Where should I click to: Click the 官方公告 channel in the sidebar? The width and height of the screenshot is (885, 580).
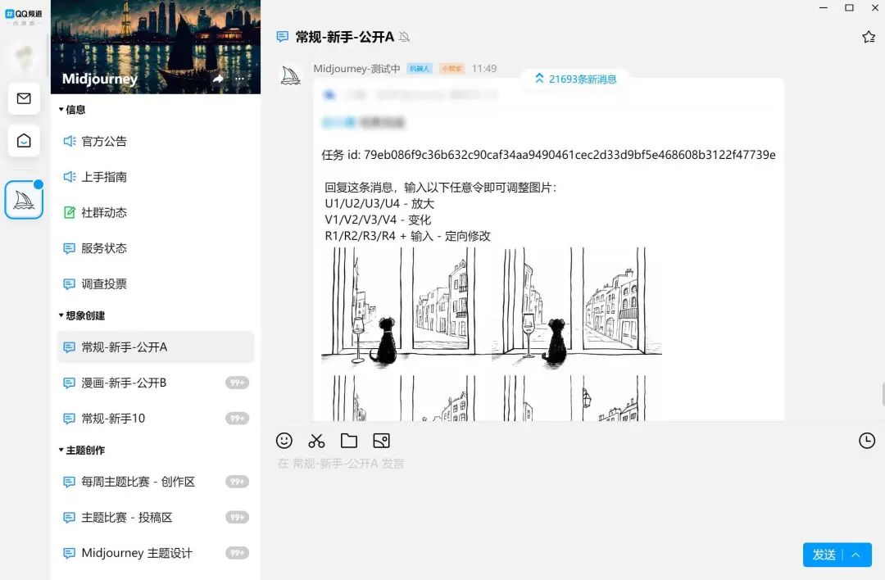tap(104, 141)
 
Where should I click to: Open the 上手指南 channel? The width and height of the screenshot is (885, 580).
tap(104, 177)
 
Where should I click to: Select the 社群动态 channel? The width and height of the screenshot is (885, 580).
tap(104, 212)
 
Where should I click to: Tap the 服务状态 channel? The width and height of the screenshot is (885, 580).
tap(104, 248)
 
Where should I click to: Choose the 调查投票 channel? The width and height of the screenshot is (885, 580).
tap(104, 284)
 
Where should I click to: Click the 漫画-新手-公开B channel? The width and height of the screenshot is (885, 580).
tap(124, 383)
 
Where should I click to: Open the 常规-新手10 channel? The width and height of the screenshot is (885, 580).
tap(113, 419)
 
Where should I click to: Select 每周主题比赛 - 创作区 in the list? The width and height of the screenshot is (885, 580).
tap(138, 482)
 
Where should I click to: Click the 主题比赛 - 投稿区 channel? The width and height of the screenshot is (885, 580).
tap(127, 518)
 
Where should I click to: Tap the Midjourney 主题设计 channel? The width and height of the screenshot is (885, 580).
tap(137, 553)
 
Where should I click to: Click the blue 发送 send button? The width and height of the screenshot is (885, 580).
tap(824, 555)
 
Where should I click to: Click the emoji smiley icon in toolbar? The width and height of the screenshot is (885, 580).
tap(284, 441)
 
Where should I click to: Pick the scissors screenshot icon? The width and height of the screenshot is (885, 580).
tap(316, 441)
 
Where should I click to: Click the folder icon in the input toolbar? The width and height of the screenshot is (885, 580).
tap(349, 441)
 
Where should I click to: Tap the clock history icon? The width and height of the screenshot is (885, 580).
tap(866, 441)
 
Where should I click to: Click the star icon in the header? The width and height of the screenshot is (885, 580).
tap(869, 37)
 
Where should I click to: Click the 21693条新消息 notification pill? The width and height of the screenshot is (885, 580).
tap(575, 79)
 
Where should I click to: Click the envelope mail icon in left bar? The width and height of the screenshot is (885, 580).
tap(24, 99)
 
